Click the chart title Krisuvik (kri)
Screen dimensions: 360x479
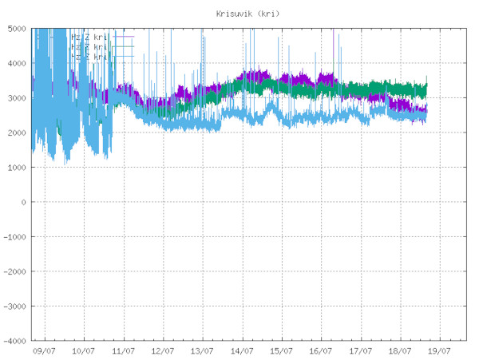[x=248, y=14]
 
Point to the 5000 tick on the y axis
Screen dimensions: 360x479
[x=17, y=29]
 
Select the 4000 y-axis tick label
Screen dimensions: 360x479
[x=17, y=63]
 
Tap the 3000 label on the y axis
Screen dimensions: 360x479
[x=17, y=98]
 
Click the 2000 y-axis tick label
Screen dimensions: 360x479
[x=17, y=133]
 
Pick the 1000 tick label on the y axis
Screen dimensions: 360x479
[x=17, y=168]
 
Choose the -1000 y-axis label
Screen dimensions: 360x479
[x=15, y=237]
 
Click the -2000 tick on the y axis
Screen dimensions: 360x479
[x=15, y=271]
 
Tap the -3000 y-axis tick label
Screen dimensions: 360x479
[x=15, y=307]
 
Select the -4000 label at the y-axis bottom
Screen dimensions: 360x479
[x=15, y=341]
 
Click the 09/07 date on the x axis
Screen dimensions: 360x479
[x=44, y=350]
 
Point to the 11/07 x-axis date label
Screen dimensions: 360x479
[x=123, y=350]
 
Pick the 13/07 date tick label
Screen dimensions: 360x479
[x=202, y=350]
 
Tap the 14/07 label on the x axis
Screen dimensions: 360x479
[x=242, y=350]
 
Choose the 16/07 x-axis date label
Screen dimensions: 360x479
[x=321, y=350]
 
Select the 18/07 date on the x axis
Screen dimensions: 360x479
[x=400, y=350]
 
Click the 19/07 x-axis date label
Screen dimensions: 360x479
[x=440, y=350]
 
